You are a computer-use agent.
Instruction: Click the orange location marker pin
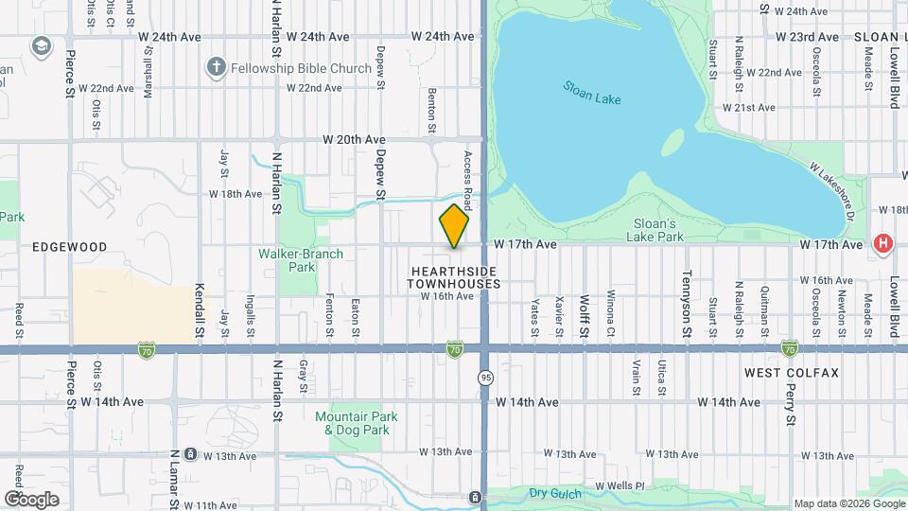coord(454,226)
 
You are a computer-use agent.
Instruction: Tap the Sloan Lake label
coord(591,91)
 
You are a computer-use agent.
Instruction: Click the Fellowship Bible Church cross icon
coord(217,67)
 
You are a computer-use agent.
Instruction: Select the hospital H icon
coord(883,244)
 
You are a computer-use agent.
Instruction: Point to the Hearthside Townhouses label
coord(455,276)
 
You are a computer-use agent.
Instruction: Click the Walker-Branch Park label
coord(301,260)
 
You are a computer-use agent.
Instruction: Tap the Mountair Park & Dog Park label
coord(357,423)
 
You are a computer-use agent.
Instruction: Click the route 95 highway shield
coord(483,377)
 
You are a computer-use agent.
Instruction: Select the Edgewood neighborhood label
coord(69,246)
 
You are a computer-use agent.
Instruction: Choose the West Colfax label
coord(791,373)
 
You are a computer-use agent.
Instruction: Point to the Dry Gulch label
coord(552,493)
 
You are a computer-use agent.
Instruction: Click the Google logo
coord(31,499)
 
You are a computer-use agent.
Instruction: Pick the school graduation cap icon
coord(41,45)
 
